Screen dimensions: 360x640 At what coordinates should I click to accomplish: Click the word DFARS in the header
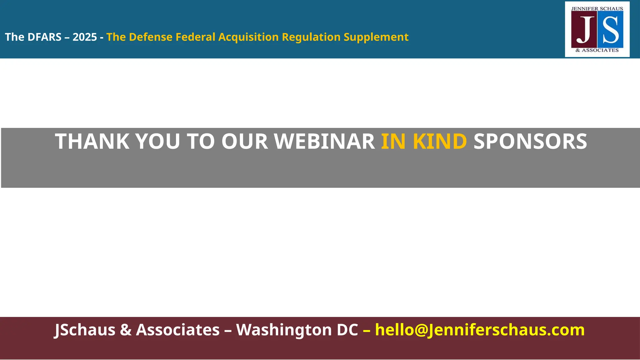pos(44,37)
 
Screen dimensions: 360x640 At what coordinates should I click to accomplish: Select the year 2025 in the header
pos(85,37)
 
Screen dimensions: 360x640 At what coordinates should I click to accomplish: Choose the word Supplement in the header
pos(376,37)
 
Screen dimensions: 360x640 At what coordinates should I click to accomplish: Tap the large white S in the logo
pos(611,30)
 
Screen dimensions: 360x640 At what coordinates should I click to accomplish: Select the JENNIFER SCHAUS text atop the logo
pos(597,9)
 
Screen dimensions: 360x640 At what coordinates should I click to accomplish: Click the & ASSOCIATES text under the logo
pos(597,50)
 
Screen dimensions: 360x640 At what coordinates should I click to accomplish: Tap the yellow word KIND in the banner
pos(440,142)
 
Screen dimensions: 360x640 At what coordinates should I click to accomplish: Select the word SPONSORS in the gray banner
pos(530,142)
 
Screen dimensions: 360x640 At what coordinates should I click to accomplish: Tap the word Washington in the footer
pos(297,330)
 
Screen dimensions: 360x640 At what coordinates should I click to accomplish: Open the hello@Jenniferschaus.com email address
pos(480,330)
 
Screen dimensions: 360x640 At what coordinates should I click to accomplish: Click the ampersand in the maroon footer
pos(126,330)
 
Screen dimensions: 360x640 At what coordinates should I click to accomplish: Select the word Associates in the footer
pos(178,330)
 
